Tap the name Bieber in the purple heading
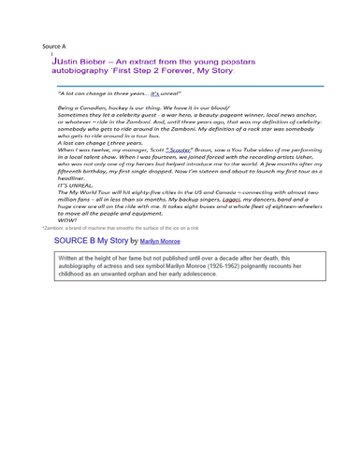coord(85,59)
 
